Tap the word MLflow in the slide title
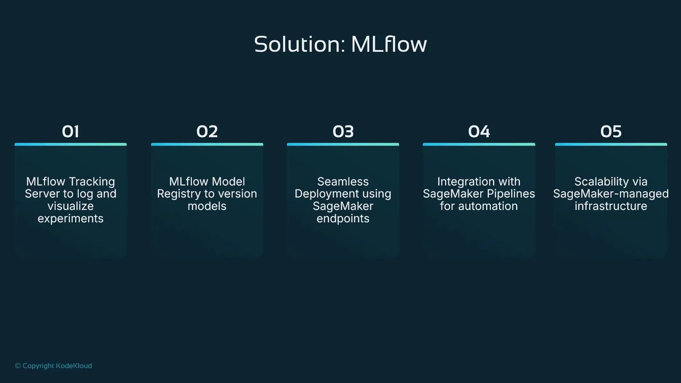pos(389,45)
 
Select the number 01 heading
pos(70,132)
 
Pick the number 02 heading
pos(207,132)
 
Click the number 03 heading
pos(343,132)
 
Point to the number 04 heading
pos(479,132)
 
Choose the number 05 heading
pos(611,132)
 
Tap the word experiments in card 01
pos(71,218)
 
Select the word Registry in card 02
pos(179,194)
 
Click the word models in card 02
pos(207,206)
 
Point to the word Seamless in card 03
pos(343,182)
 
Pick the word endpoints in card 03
pos(343,218)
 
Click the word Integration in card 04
pos(461,182)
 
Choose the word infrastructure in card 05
pos(611,206)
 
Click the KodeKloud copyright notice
pos(53,366)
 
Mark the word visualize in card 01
pos(71,206)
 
